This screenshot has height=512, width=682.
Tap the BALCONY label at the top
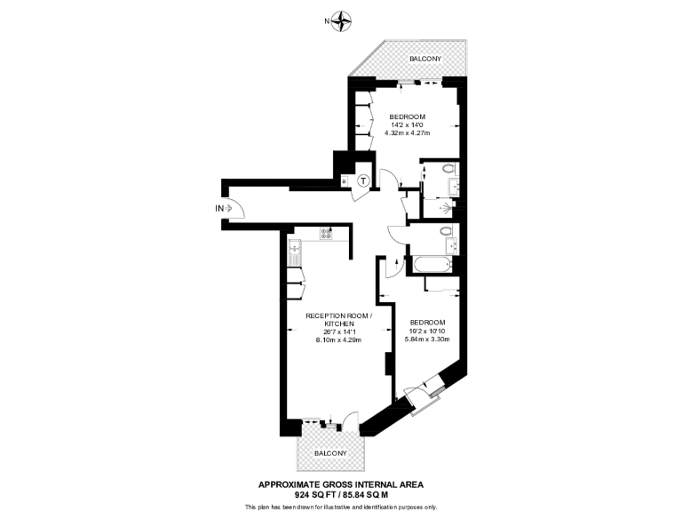coord(424,59)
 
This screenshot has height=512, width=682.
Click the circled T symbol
coord(364,181)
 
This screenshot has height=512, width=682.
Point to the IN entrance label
coord(219,208)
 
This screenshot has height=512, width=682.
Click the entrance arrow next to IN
coord(233,208)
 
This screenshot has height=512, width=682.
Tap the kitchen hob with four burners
coord(326,235)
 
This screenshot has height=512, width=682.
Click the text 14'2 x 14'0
coord(407,125)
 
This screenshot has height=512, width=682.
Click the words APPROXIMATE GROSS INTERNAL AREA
coord(341,484)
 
